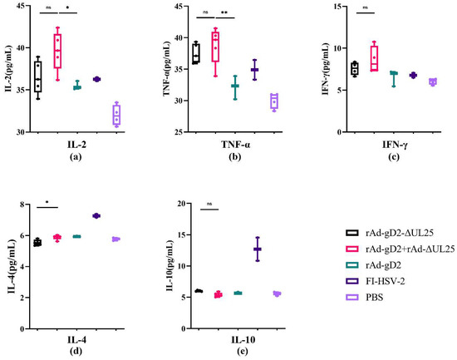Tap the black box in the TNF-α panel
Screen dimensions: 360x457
coord(196,54)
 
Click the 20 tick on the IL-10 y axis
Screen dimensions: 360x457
coord(184,204)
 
